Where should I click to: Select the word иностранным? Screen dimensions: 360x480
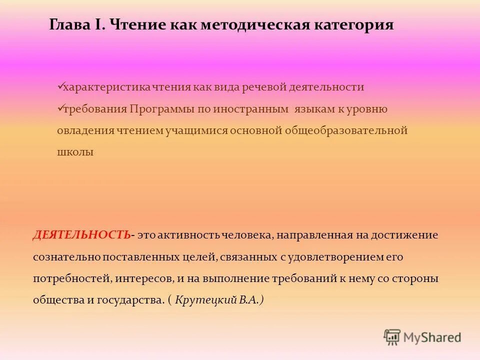click(x=250, y=109)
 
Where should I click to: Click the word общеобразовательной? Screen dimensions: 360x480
click(x=346, y=130)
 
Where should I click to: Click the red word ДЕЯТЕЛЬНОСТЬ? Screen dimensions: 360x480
click(x=82, y=235)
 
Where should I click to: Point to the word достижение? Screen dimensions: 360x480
click(x=408, y=235)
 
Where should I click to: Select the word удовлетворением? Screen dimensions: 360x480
click(x=338, y=257)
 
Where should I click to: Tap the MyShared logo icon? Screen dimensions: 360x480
click(x=392, y=337)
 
